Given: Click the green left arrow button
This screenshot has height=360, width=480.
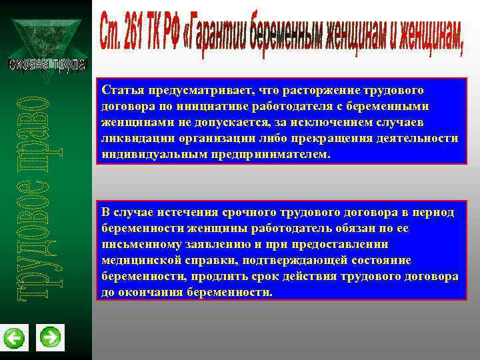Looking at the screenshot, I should tap(14, 338).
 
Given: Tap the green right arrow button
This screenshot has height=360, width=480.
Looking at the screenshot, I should tap(50, 337).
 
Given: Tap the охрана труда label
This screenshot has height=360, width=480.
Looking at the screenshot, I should tap(47, 64).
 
